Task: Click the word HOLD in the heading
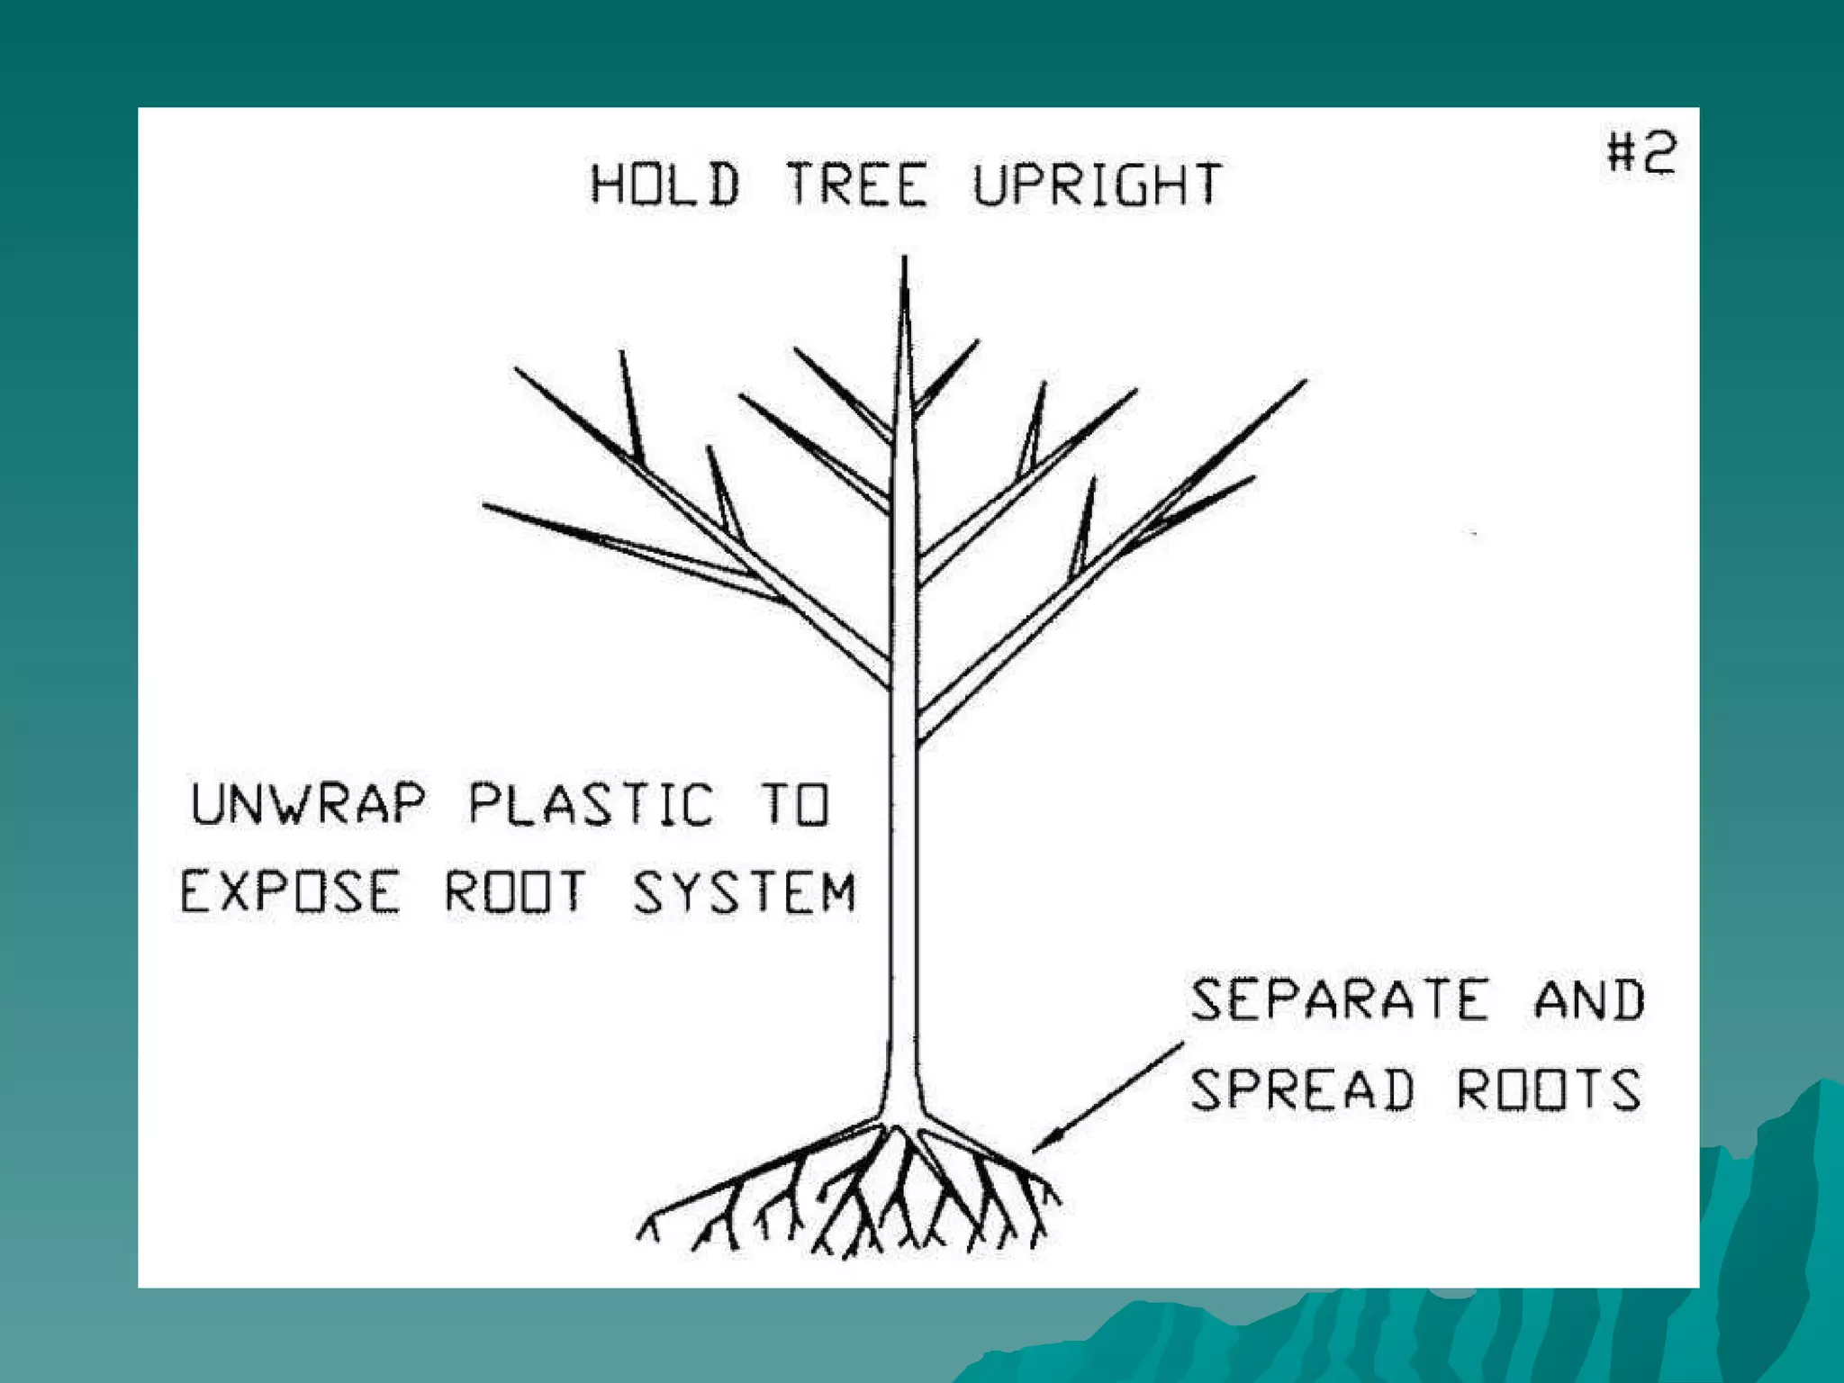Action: pyautogui.click(x=664, y=184)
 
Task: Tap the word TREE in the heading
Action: pyautogui.click(x=856, y=184)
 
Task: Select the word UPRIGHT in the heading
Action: pyautogui.click(x=1098, y=184)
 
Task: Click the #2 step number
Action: pyautogui.click(x=1641, y=152)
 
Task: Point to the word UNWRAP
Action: pyautogui.click(x=308, y=803)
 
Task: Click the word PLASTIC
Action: pyautogui.click(x=592, y=803)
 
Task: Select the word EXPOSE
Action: pyautogui.click(x=289, y=891)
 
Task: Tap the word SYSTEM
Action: pyautogui.click(x=744, y=891)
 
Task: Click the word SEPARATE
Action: pyautogui.click(x=1339, y=999)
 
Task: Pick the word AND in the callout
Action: pyautogui.click(x=1589, y=999)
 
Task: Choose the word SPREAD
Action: pyautogui.click(x=1302, y=1089)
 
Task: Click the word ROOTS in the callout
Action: pyautogui.click(x=1549, y=1089)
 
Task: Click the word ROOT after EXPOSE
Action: pyautogui.click(x=515, y=891)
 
